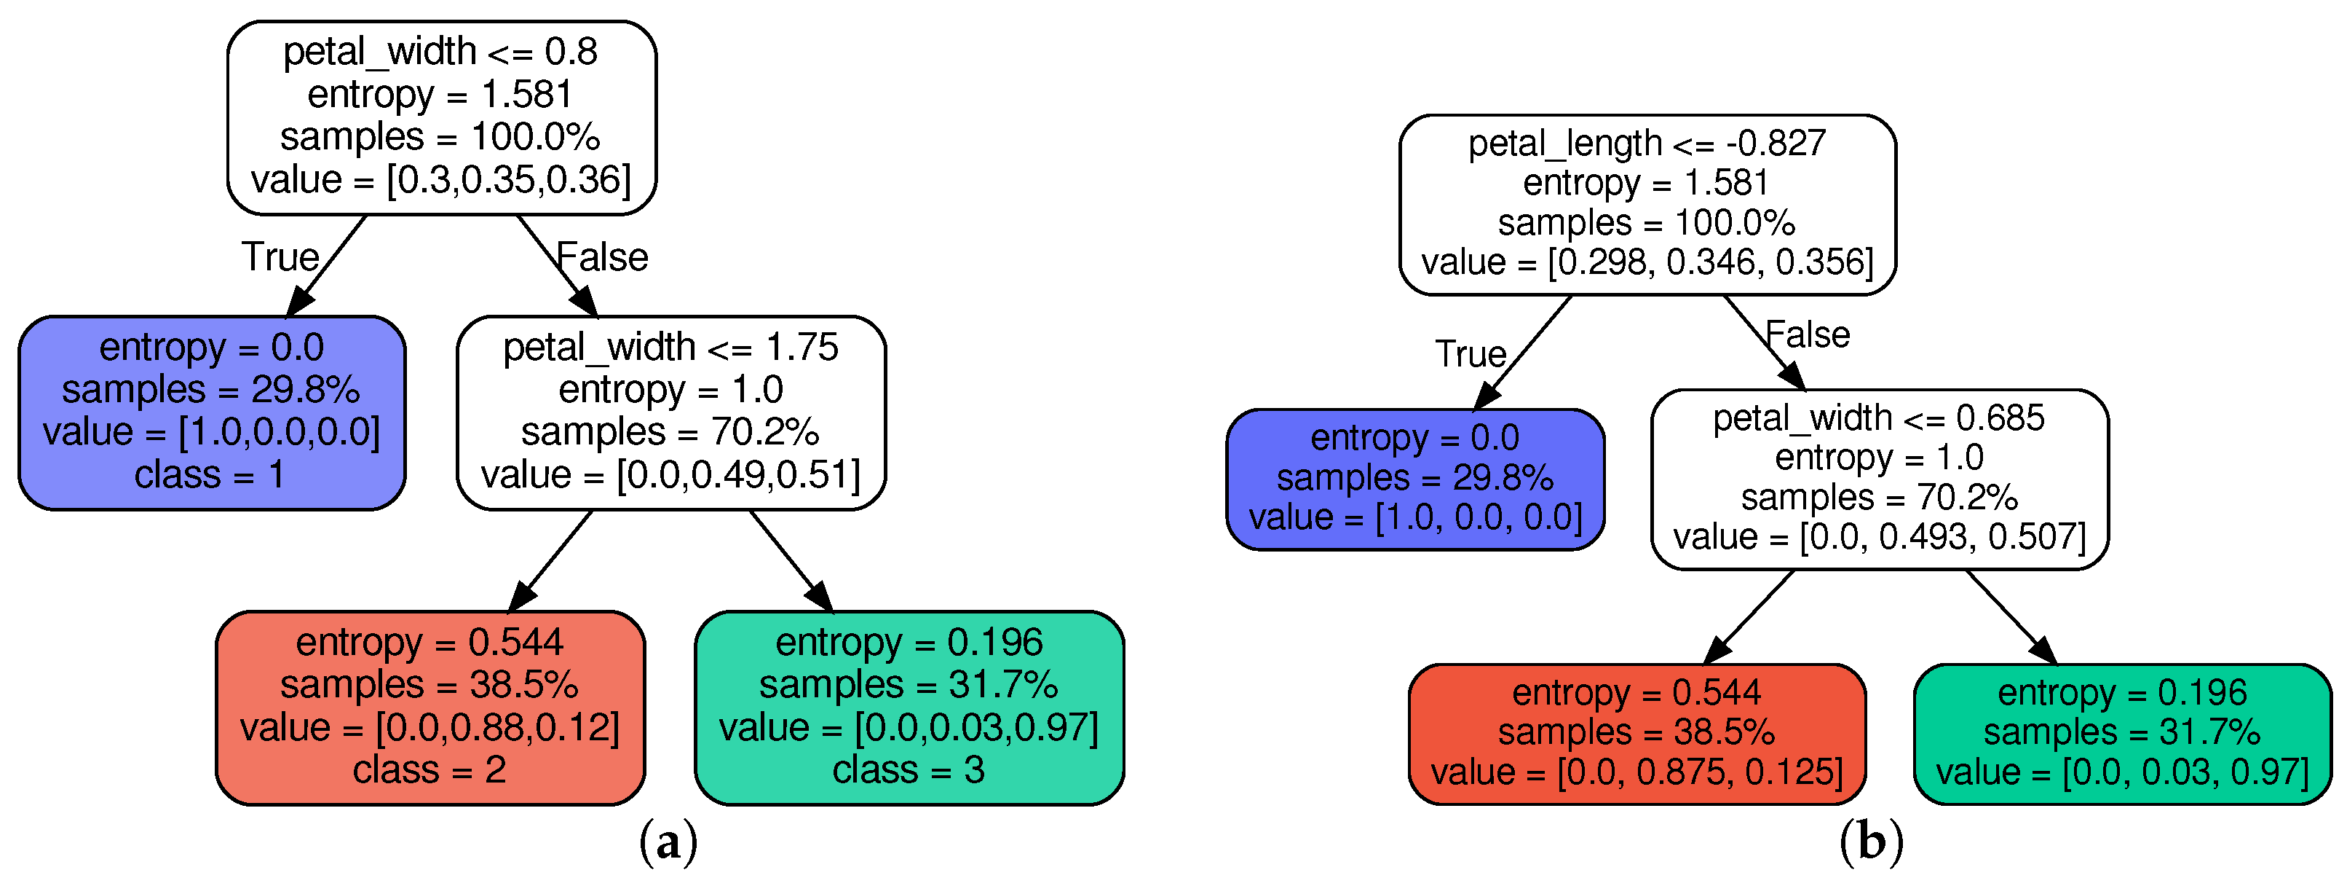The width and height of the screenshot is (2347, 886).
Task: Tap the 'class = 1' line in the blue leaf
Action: [210, 475]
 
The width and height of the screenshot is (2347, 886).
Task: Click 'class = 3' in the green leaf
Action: [909, 770]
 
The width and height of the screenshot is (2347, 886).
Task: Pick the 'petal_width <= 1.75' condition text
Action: [670, 348]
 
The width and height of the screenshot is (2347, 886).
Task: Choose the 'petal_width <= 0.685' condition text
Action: [1879, 418]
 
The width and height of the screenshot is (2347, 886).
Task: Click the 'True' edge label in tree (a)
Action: [280, 257]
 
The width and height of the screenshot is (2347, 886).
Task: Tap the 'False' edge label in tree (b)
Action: [1808, 335]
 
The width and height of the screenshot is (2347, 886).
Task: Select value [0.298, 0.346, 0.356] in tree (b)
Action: [1647, 262]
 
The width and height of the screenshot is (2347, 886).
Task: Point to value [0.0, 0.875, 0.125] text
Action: [1636, 772]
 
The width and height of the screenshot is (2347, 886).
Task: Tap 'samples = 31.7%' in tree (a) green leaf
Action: [909, 685]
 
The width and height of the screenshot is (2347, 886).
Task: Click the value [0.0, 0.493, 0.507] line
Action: [1879, 537]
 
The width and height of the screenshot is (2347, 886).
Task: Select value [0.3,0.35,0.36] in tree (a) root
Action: [441, 179]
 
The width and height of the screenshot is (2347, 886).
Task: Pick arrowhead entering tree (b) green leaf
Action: [2043, 650]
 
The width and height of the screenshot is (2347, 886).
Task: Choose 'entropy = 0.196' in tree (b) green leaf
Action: [2122, 693]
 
